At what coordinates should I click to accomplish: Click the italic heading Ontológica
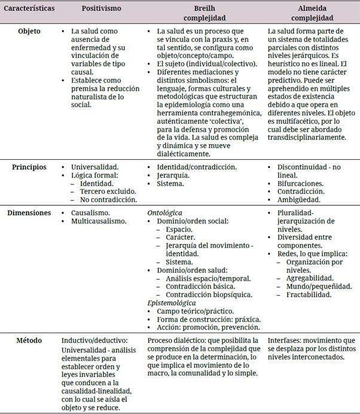pyautogui.click(x=164, y=212)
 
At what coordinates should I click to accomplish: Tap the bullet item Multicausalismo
pyautogui.click(x=99, y=221)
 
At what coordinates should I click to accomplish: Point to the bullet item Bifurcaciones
pyautogui.click(x=300, y=183)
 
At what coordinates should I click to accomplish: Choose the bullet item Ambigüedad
pyautogui.click(x=298, y=200)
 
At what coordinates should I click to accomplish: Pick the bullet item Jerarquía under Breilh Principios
pyautogui.click(x=173, y=175)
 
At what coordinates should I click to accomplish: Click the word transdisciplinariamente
pyautogui.click(x=307, y=137)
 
